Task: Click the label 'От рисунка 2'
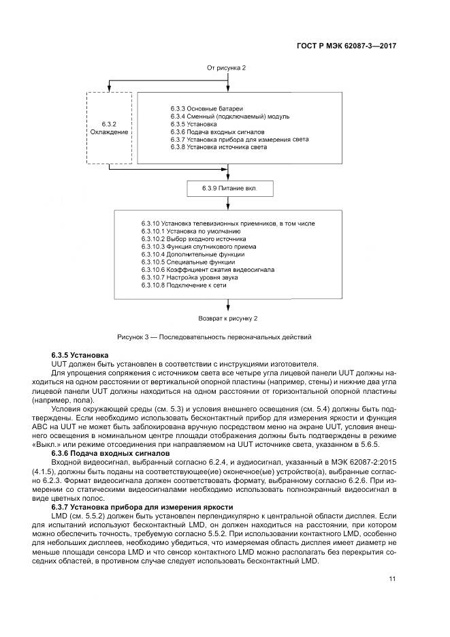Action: (227, 69)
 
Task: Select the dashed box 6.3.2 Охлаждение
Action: (109, 127)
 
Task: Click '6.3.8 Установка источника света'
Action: (218, 146)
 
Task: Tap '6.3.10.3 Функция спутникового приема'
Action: (188, 246)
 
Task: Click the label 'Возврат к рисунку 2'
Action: (228, 317)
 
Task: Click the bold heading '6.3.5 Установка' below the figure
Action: (75, 356)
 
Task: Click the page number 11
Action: (392, 580)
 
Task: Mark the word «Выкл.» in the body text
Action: (65, 444)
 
